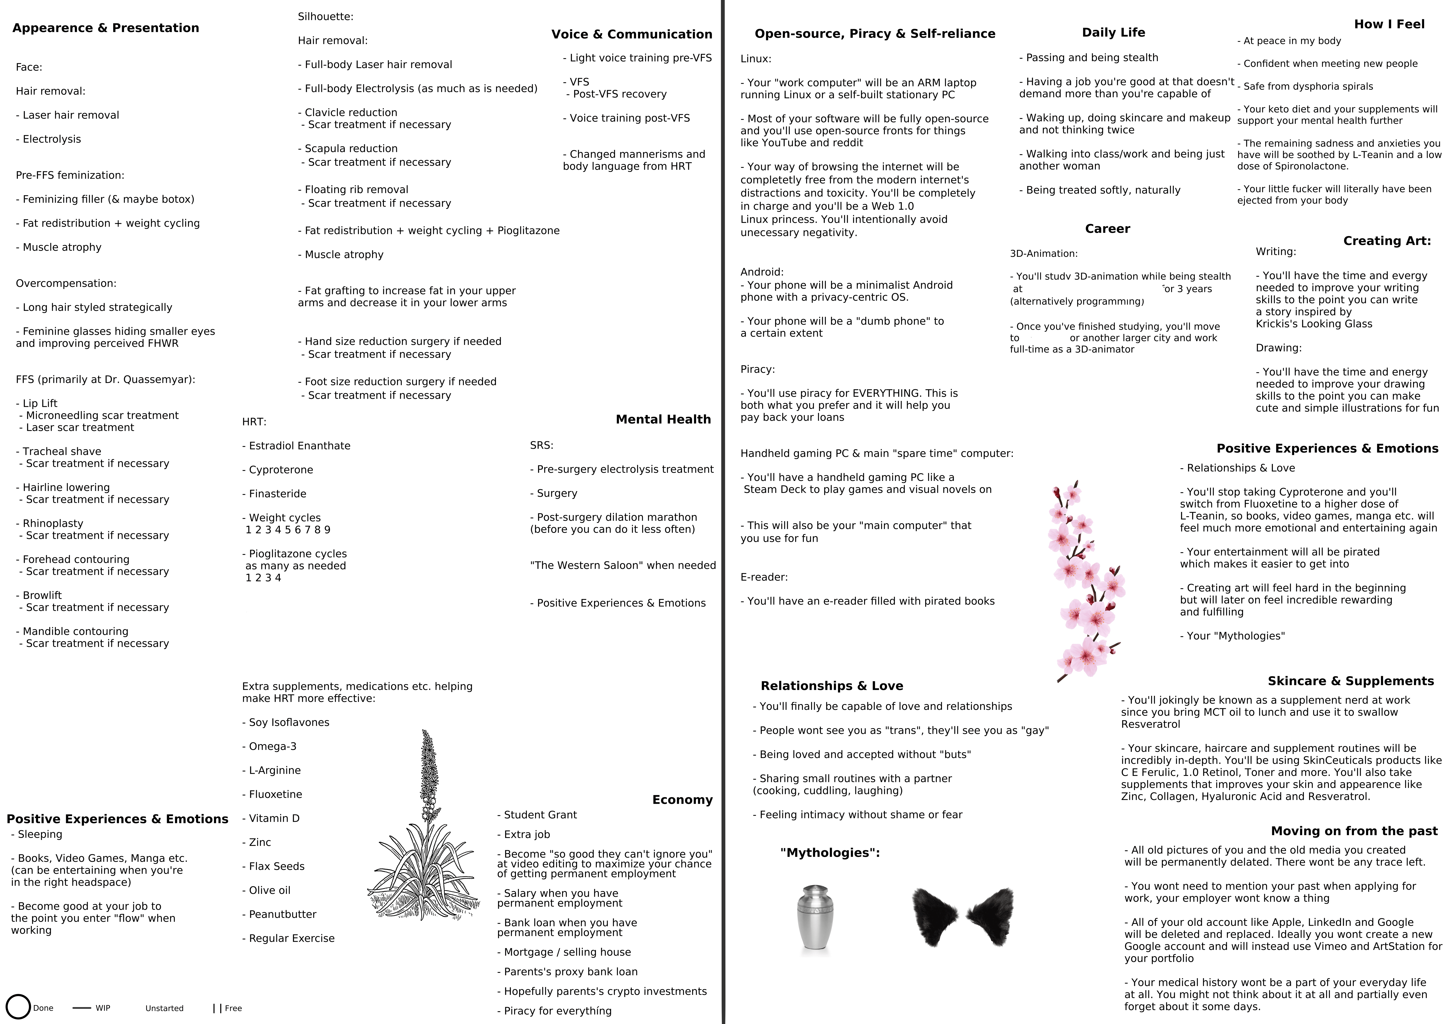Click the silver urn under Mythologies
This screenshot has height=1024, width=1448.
tap(815, 919)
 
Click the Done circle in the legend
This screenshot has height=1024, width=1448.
tap(18, 1007)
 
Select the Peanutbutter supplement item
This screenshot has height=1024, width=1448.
tap(282, 914)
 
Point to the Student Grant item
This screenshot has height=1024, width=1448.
tap(540, 815)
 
